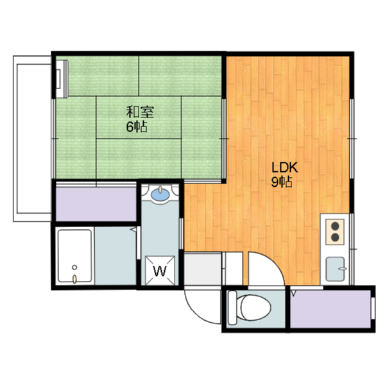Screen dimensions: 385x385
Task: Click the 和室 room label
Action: pyautogui.click(x=140, y=112)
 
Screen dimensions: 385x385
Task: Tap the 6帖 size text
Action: pyautogui.click(x=137, y=126)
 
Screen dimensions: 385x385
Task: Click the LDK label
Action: pyautogui.click(x=285, y=167)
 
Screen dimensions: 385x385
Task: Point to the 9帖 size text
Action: pyautogui.click(x=282, y=182)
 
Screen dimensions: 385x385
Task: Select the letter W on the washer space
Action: pyautogui.click(x=160, y=271)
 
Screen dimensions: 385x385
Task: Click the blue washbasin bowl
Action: pyautogui.click(x=160, y=194)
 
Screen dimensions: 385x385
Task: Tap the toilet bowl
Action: pyautogui.click(x=255, y=307)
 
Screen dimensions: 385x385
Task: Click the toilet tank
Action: pyautogui.click(x=232, y=308)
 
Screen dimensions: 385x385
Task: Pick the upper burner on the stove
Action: pyautogui.click(x=335, y=226)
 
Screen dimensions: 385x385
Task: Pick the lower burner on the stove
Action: pyautogui.click(x=335, y=237)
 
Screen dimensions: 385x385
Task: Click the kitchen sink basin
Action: pyautogui.click(x=336, y=269)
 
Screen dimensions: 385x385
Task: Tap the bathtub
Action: pyautogui.click(x=74, y=256)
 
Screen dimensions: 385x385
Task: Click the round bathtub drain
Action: pyautogui.click(x=74, y=267)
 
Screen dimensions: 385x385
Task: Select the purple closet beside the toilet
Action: pyautogui.click(x=330, y=309)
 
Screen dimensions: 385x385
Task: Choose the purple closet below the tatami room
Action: pyautogui.click(x=96, y=204)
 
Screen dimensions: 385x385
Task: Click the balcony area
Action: pyautogui.click(x=33, y=139)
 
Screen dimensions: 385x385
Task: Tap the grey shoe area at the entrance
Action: pyautogui.click(x=203, y=269)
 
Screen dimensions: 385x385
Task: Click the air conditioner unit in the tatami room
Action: pyautogui.click(x=62, y=79)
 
